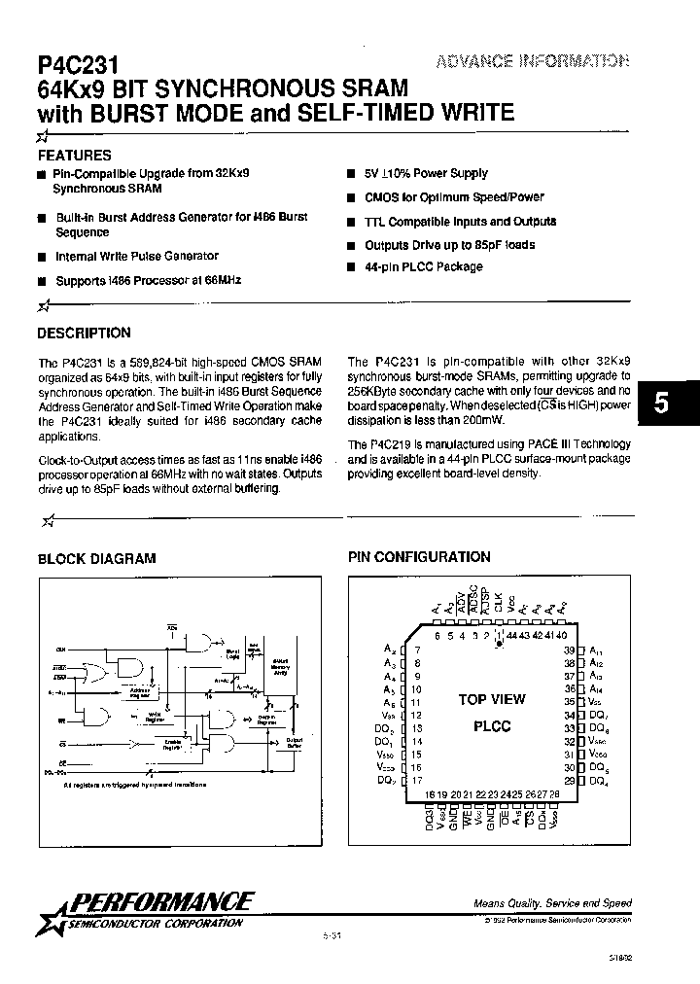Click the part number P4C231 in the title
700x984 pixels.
pyautogui.click(x=78, y=65)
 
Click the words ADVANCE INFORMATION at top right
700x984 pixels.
pyautogui.click(x=531, y=61)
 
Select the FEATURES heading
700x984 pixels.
pyautogui.click(x=74, y=155)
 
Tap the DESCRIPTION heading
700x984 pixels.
pyautogui.click(x=84, y=333)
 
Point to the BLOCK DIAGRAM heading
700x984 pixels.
pyautogui.click(x=96, y=558)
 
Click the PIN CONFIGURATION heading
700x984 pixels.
pyautogui.click(x=419, y=557)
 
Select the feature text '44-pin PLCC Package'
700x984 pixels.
pyautogui.click(x=423, y=266)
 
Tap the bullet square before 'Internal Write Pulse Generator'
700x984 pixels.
pyautogui.click(x=42, y=258)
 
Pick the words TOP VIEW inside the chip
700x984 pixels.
pyautogui.click(x=491, y=699)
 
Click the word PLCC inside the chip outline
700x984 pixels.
pyautogui.click(x=491, y=726)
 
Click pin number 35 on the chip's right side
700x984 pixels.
pyautogui.click(x=570, y=700)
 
